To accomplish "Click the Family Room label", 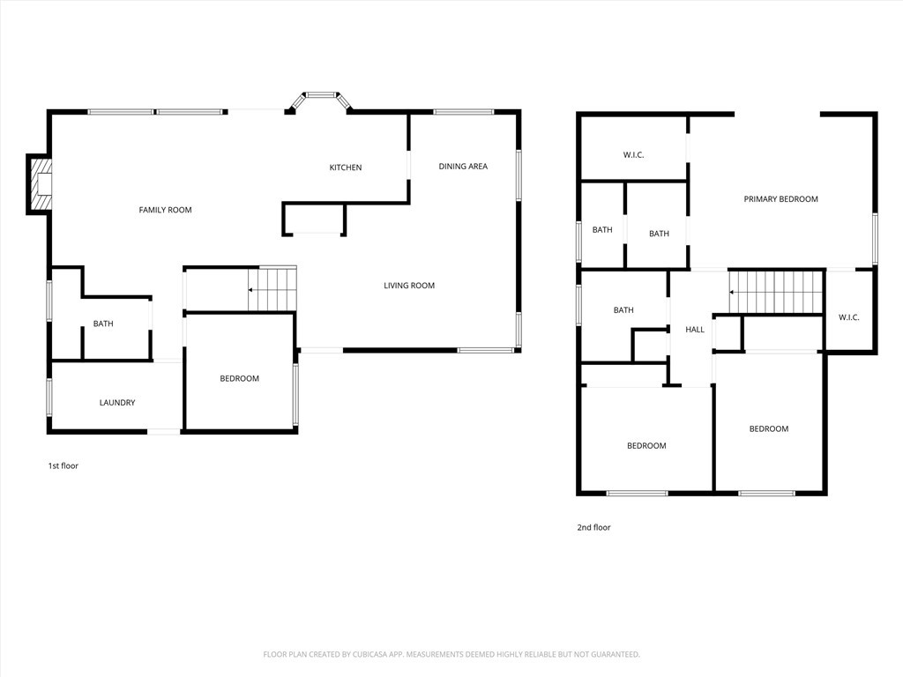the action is (x=165, y=210).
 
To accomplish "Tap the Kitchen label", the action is (x=346, y=167).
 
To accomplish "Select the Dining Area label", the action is (x=463, y=167).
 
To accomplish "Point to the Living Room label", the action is (x=409, y=286).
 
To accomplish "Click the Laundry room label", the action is (x=117, y=403).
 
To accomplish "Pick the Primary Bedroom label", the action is (x=781, y=199).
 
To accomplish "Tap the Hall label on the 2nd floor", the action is (x=695, y=330).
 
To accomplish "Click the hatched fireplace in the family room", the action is (x=41, y=184).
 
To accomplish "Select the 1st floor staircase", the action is (x=272, y=288).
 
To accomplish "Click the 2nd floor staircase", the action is (x=776, y=292).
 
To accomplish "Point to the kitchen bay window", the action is (x=319, y=100).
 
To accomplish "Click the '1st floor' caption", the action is (x=63, y=465).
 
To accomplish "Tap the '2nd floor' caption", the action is (x=593, y=527).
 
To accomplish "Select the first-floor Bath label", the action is (x=104, y=324).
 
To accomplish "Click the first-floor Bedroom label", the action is (x=240, y=379).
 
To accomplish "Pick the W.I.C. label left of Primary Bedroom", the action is (x=633, y=155).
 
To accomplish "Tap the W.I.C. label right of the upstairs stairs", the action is (x=849, y=317).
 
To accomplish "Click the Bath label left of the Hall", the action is (x=623, y=310).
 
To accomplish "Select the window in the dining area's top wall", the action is (x=464, y=112).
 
